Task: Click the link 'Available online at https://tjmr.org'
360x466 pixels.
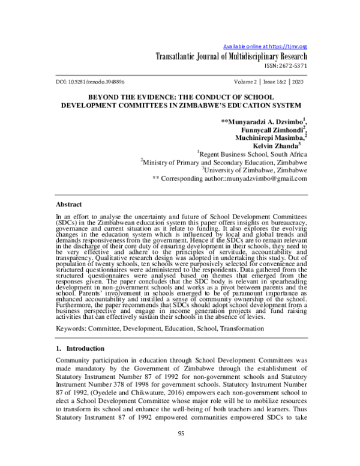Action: (x=265, y=46)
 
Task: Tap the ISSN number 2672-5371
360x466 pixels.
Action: (x=293, y=68)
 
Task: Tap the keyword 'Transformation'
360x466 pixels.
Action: (x=247, y=329)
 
